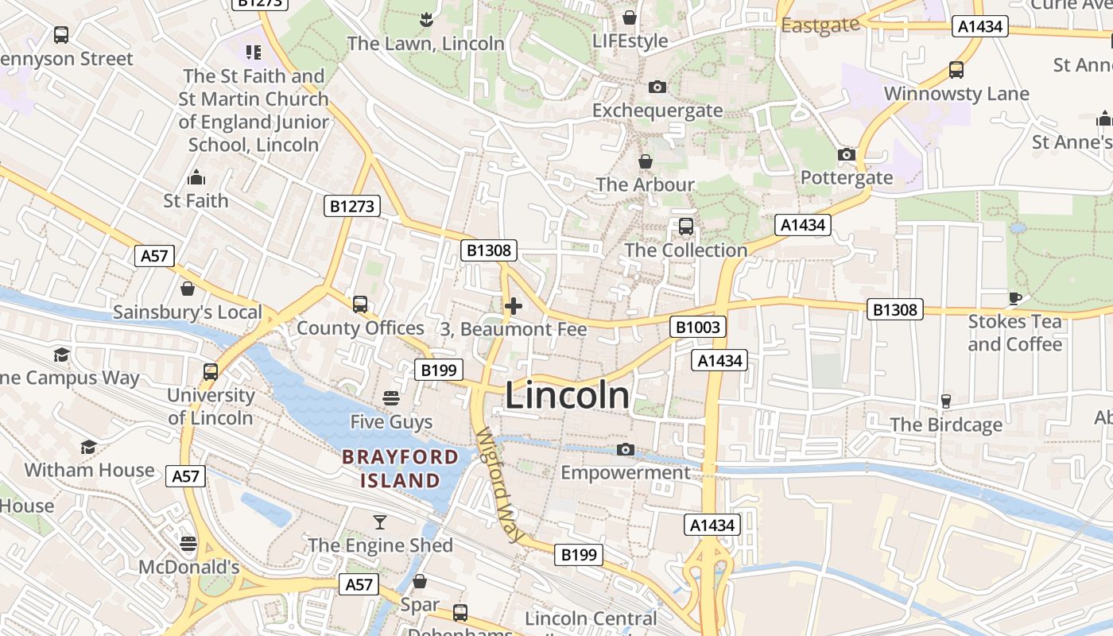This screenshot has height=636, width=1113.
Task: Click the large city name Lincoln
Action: point(567,396)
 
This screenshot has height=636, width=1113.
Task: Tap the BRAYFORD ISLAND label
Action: point(400,468)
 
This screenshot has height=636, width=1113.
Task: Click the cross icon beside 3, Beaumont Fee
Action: point(514,305)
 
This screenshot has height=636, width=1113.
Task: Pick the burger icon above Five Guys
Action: point(390,397)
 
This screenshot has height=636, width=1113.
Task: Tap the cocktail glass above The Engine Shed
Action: point(380,522)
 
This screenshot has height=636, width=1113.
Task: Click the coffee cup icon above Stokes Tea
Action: point(1014,298)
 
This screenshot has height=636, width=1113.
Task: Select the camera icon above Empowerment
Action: point(626,450)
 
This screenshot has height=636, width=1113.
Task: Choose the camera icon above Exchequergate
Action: point(657,87)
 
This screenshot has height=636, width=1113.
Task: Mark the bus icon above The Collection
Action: point(685,227)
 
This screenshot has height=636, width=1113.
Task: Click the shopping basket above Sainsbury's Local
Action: point(188,288)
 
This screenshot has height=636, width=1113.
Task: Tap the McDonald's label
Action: point(189,567)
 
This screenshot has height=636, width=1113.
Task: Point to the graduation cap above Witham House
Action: point(88,448)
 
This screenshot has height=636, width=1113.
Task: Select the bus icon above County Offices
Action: point(360,304)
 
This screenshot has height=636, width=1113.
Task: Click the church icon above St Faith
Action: point(196,177)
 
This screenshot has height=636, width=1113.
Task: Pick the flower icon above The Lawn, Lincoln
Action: point(427,18)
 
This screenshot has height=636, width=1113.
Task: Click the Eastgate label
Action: point(820,25)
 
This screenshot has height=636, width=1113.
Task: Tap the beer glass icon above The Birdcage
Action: point(945,401)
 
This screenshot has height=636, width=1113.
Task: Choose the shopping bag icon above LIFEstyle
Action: point(630,17)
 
